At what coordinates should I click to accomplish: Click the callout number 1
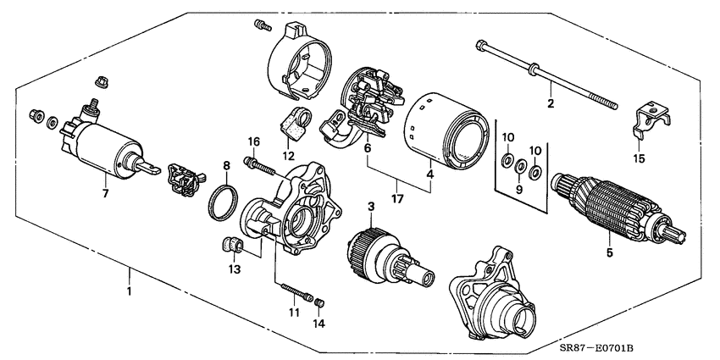tap(129, 292)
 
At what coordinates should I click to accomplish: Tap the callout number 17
tap(397, 200)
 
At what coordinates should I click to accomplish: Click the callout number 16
tap(252, 140)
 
